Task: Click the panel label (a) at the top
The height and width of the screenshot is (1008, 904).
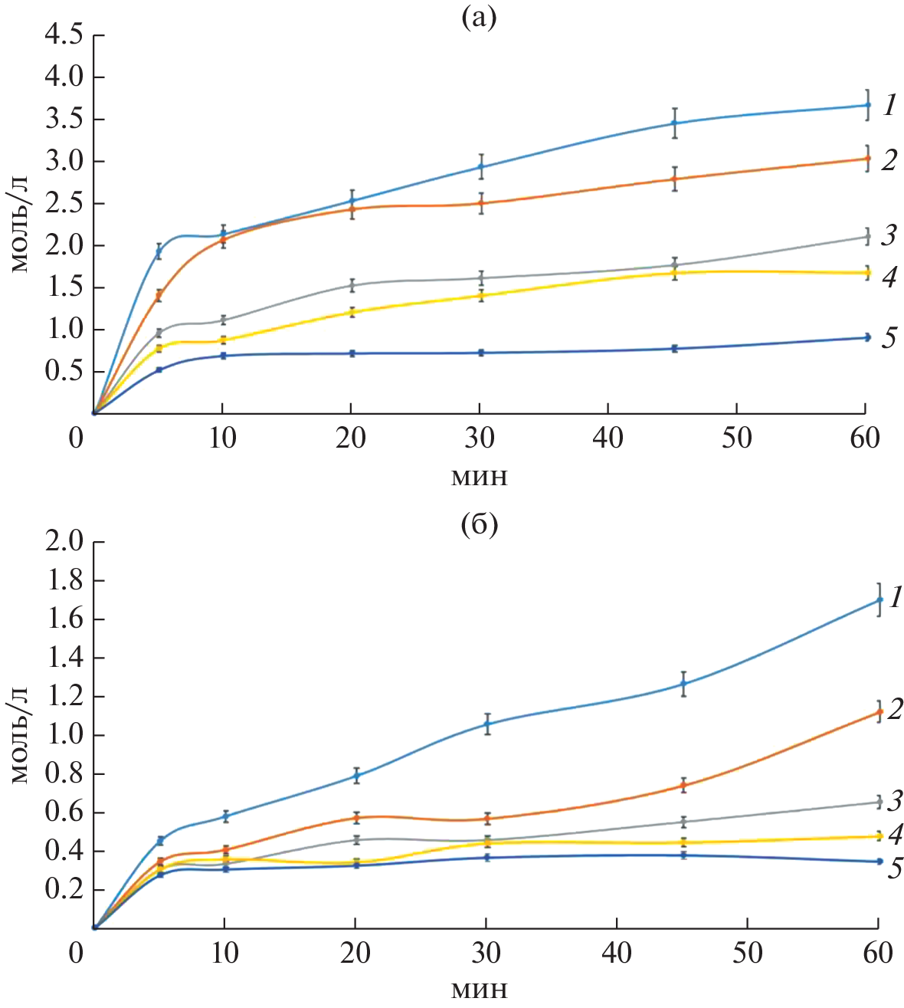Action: click(478, 18)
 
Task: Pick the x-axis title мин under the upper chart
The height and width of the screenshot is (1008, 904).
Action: click(479, 478)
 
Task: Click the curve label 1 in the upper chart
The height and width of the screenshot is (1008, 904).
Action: click(889, 105)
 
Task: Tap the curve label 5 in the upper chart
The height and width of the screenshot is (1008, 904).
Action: click(889, 337)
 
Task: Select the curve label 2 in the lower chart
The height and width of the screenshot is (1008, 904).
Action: click(894, 709)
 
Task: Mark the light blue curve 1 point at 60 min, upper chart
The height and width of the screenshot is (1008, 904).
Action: click(867, 105)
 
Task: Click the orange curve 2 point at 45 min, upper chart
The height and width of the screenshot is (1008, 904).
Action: click(674, 179)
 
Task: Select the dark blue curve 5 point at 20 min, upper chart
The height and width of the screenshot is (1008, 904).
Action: click(352, 353)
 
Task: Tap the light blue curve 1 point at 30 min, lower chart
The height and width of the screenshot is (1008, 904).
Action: click(486, 724)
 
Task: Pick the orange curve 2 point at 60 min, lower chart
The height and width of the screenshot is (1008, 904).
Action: click(879, 712)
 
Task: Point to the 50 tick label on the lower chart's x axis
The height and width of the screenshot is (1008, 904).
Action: click(747, 954)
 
